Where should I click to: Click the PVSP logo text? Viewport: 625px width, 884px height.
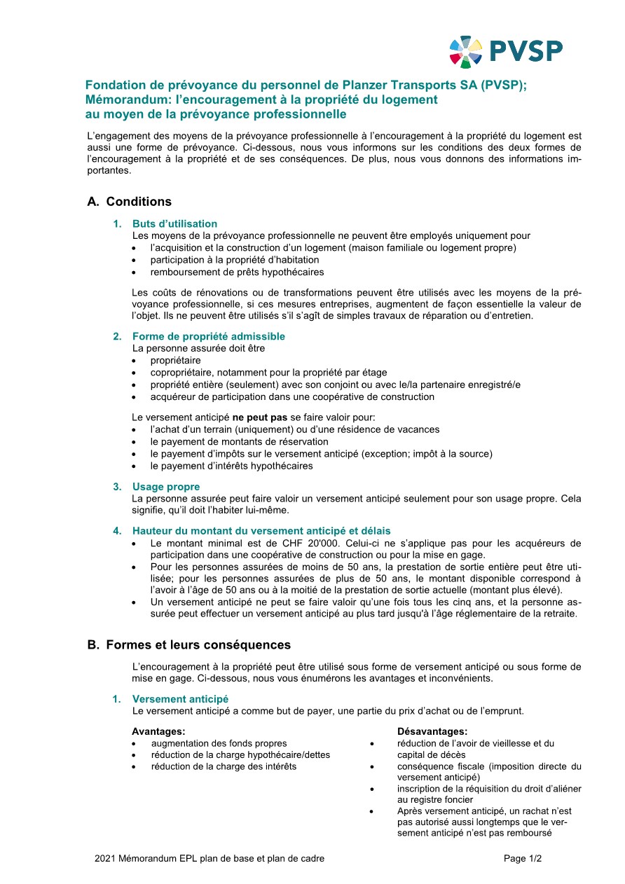[x=526, y=51]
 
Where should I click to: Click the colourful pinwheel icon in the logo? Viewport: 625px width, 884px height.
[x=465, y=52]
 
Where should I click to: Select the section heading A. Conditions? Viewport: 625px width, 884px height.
[x=130, y=202]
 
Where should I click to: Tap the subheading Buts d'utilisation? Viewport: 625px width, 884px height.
[x=174, y=224]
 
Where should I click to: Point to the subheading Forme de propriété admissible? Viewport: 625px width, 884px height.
[x=208, y=336]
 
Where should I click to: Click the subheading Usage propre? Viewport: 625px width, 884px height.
[x=166, y=487]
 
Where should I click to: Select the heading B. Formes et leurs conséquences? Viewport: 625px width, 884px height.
[x=189, y=644]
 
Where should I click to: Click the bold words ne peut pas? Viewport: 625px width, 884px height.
[x=260, y=417]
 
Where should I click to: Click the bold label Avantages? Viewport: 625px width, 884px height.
[x=158, y=731]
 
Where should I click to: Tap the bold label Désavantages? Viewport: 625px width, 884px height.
[x=432, y=731]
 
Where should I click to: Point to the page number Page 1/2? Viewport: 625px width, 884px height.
[x=523, y=858]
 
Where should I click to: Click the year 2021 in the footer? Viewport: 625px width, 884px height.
[x=105, y=858]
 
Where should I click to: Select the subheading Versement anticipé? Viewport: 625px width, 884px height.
[x=180, y=699]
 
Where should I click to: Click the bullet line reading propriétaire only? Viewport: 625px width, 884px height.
[x=175, y=361]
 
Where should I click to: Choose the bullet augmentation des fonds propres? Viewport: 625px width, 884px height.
[x=219, y=743]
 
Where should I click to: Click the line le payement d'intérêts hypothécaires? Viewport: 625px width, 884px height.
[x=231, y=466]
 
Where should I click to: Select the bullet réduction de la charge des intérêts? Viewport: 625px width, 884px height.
[x=224, y=766]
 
